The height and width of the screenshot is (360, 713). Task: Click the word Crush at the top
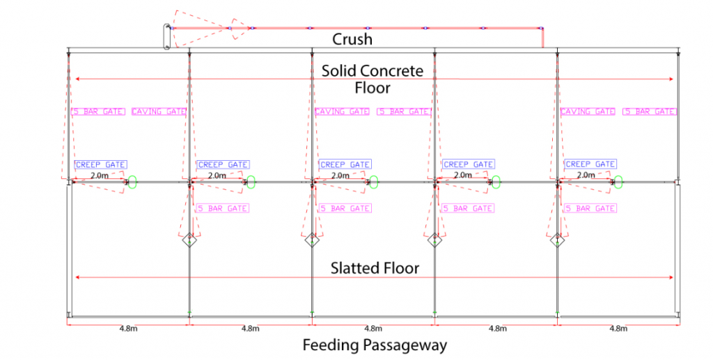point(352,40)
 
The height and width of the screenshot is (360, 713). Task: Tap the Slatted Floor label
point(375,268)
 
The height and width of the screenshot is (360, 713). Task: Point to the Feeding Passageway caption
point(374,345)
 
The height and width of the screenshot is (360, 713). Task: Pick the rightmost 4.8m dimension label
point(618,328)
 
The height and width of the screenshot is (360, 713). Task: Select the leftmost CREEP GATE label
point(100,165)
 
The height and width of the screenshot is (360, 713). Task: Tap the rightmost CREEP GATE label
point(590,165)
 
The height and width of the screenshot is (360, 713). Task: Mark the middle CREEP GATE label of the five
point(345,165)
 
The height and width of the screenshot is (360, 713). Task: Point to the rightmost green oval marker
point(619,182)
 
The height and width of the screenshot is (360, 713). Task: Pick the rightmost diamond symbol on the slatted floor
point(557,242)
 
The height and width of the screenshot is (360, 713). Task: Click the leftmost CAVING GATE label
point(159,111)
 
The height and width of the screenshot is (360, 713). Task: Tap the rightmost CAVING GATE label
point(588,111)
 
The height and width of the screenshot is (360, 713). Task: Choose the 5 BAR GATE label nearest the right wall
point(648,111)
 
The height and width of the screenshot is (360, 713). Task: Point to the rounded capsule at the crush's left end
point(167,37)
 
